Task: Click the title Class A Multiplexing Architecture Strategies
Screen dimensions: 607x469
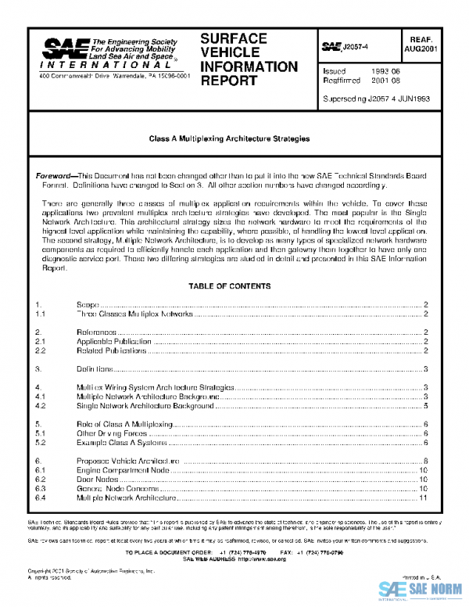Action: pos(229,138)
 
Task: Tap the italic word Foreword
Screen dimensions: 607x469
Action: pos(57,176)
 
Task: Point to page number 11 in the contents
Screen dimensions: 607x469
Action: pos(423,497)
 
